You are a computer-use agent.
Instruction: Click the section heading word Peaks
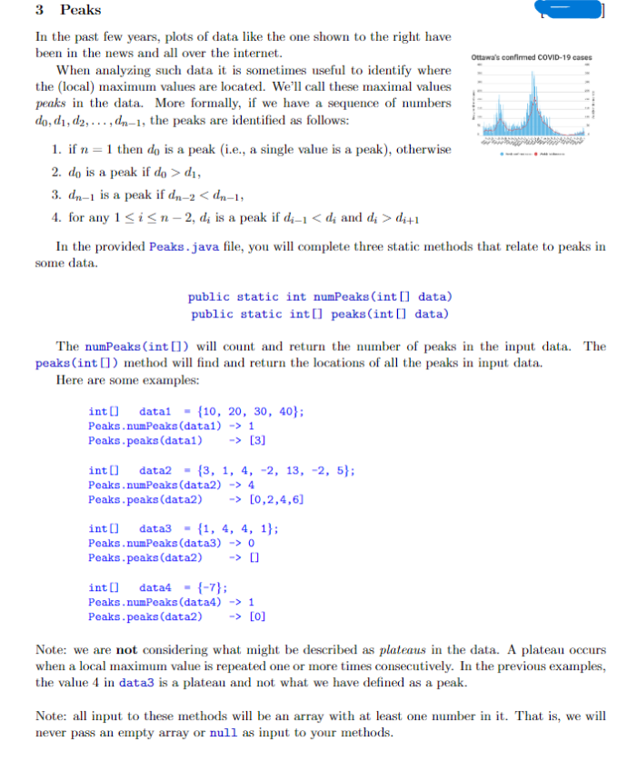click(x=81, y=11)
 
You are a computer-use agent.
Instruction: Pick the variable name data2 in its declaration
click(x=157, y=470)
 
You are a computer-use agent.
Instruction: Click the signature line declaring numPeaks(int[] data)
click(x=320, y=297)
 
